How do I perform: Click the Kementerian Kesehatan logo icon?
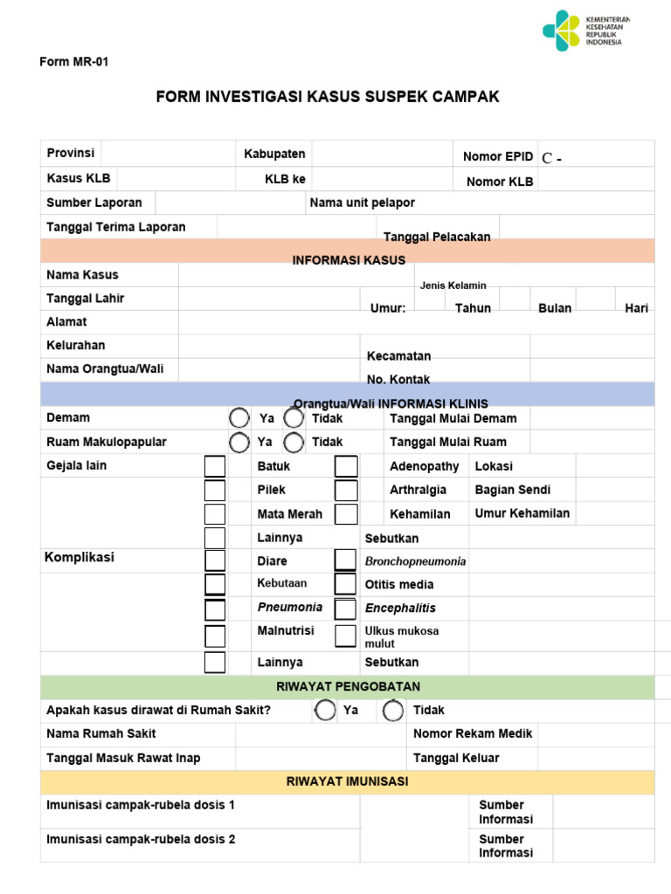tap(560, 31)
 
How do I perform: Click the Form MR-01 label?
tap(74, 62)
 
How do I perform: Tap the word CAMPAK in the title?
tap(467, 97)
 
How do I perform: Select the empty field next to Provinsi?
tap(165, 154)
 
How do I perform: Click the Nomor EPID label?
tap(497, 157)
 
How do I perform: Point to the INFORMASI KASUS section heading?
tap(349, 260)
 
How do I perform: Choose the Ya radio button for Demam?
tap(239, 418)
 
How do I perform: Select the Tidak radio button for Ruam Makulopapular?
tap(294, 443)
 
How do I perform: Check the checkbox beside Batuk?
tap(215, 466)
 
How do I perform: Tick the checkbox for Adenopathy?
tap(346, 466)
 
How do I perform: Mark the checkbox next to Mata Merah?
tap(215, 514)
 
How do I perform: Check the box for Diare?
tap(215, 560)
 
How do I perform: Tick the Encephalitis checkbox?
tap(346, 609)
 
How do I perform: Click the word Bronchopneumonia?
tap(415, 561)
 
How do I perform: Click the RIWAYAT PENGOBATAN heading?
tap(349, 686)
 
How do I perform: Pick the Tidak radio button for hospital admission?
tap(393, 711)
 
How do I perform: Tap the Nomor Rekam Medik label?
tap(473, 733)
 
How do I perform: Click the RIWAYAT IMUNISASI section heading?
tap(347, 781)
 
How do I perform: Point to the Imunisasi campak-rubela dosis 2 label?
tap(141, 839)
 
